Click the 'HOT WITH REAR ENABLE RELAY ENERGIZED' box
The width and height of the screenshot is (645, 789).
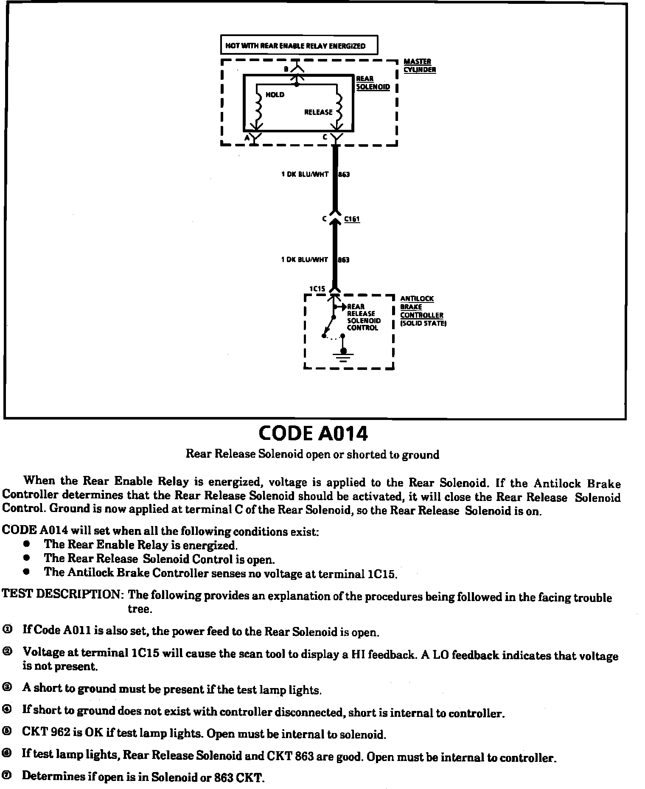pyautogui.click(x=299, y=45)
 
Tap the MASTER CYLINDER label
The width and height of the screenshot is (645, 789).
pyautogui.click(x=419, y=66)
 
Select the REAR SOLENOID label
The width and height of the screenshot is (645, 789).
pyautogui.click(x=373, y=83)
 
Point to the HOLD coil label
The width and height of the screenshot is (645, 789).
pyautogui.click(x=275, y=95)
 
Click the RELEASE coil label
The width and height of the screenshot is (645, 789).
pyautogui.click(x=318, y=112)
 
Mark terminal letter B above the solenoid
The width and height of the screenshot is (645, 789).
pyautogui.click(x=286, y=69)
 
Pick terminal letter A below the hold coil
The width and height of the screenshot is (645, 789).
pyautogui.click(x=247, y=137)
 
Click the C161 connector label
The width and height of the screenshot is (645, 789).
pyautogui.click(x=352, y=219)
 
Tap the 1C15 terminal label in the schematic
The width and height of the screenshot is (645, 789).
pyautogui.click(x=317, y=288)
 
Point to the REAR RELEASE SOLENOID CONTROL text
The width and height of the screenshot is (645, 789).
pyautogui.click(x=364, y=317)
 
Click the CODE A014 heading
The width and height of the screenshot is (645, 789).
pyautogui.click(x=313, y=433)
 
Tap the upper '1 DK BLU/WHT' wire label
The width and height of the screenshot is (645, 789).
pyautogui.click(x=305, y=174)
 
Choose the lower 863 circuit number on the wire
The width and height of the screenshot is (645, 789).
pyautogui.click(x=343, y=260)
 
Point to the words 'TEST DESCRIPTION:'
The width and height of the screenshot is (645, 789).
pyautogui.click(x=62, y=594)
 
